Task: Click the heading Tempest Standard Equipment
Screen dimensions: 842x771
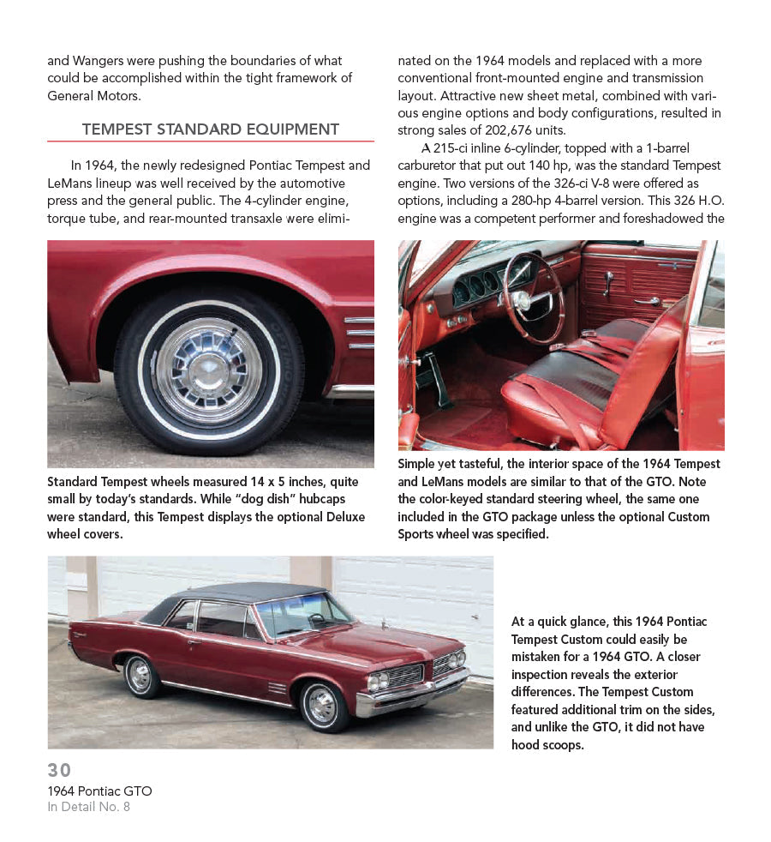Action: tap(210, 129)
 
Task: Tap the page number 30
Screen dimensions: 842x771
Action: tap(59, 770)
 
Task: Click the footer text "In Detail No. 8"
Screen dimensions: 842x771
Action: tap(88, 807)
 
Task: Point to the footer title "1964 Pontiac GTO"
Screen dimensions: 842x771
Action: tap(99, 791)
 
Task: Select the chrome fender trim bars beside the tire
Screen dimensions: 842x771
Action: tap(360, 333)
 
